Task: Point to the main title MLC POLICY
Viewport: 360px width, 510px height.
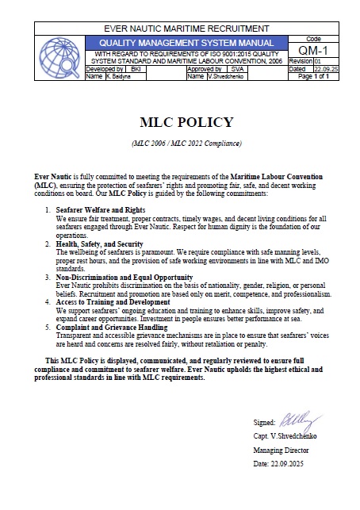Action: [186, 122]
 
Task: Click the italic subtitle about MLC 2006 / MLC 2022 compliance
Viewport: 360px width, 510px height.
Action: [186, 144]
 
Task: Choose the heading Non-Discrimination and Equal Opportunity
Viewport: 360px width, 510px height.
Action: [124, 277]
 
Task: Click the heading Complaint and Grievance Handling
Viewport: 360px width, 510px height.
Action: [113, 328]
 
